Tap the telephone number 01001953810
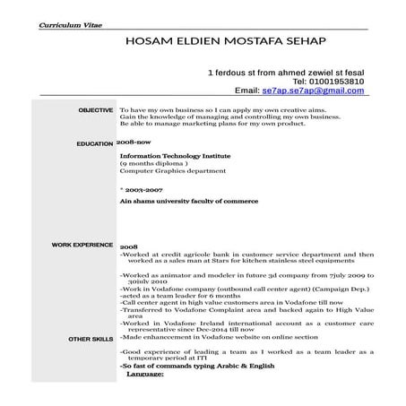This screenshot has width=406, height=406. point(333,81)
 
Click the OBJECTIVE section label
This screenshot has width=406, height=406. point(95,109)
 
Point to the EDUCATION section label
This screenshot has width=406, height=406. point(94,143)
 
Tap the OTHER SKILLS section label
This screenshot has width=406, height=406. point(91,340)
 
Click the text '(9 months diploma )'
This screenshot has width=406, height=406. point(153,163)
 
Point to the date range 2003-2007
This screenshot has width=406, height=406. point(144,191)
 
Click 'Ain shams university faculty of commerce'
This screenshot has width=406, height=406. point(178,203)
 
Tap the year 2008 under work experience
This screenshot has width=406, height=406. point(128,246)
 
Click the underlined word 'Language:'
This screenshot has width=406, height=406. point(145,374)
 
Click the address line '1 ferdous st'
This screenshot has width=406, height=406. point(292,71)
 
